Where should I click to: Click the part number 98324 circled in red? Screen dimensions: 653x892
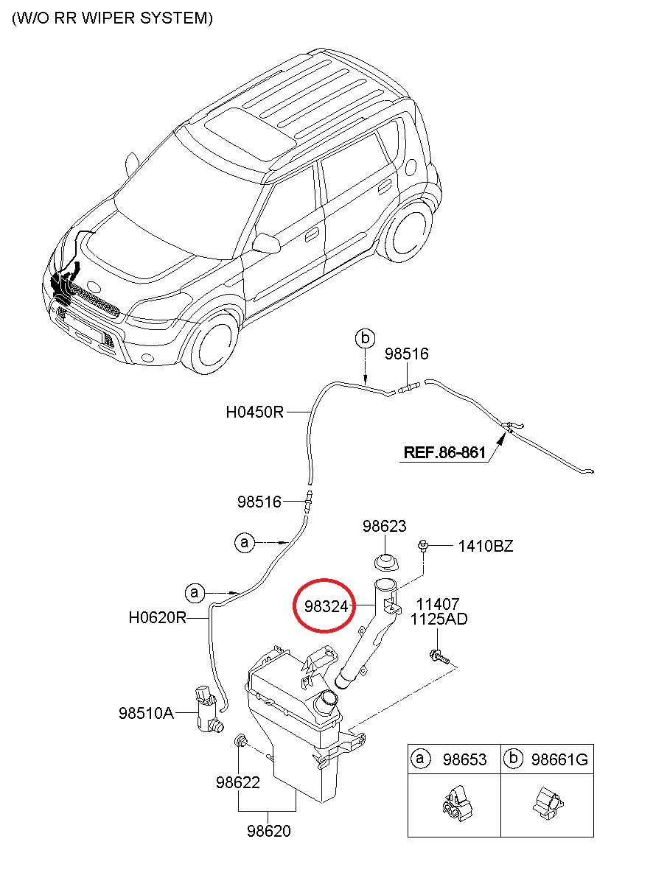coord(326,606)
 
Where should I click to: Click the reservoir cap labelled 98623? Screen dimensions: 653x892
coord(386,562)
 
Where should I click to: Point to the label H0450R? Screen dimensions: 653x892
coord(254,412)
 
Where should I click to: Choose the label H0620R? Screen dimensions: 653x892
coord(158,618)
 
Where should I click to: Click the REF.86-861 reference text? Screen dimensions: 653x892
coord(444,453)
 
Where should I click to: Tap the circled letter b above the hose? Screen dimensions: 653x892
coord(365,339)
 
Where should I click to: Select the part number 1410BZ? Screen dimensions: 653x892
coord(486,546)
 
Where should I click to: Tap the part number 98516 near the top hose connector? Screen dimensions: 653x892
coord(406,354)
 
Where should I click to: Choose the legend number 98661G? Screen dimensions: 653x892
coord(559,759)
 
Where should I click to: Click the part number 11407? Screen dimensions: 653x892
coord(438,604)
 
